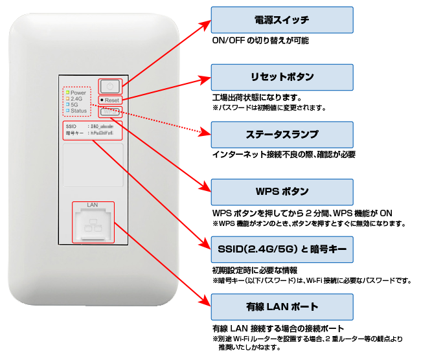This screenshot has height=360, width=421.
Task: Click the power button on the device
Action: click(x=110, y=86)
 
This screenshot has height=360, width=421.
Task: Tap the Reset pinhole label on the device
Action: click(x=110, y=100)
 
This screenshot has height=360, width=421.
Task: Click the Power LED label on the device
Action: click(x=78, y=93)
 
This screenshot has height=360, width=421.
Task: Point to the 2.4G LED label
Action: click(x=77, y=99)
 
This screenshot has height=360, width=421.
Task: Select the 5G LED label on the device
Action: click(x=74, y=105)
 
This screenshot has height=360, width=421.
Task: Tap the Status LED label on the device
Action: click(x=78, y=111)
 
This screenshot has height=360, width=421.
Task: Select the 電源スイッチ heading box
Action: click(x=282, y=20)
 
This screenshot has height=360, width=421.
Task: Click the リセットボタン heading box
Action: click(x=282, y=77)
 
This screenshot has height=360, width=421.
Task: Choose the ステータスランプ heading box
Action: click(x=282, y=135)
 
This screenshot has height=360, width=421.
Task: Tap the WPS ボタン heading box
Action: click(x=282, y=192)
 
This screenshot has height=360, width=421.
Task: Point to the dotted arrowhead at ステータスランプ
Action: click(x=207, y=133)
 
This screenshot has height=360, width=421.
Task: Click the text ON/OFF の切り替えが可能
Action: click(x=260, y=40)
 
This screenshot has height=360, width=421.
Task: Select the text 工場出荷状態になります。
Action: click(x=257, y=97)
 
